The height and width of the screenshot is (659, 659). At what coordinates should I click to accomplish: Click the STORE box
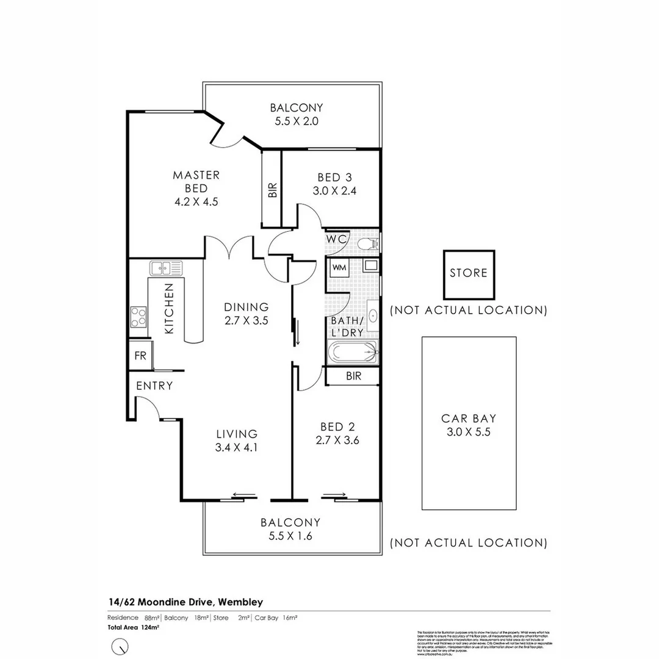tap(469, 273)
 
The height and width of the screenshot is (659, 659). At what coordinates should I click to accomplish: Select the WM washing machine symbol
tap(339, 268)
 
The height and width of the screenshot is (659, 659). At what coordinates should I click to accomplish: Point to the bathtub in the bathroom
tap(352, 353)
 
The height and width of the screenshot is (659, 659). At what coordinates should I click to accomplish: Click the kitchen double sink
tap(166, 267)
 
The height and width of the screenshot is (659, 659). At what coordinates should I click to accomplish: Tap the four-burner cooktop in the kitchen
tap(139, 316)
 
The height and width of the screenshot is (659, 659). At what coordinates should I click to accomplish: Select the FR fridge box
tap(140, 356)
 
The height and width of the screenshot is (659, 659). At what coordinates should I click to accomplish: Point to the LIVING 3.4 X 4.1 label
tap(237, 441)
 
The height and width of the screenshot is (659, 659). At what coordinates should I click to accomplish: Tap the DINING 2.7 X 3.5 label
tap(246, 313)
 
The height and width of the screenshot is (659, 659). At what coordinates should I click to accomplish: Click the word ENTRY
tap(154, 386)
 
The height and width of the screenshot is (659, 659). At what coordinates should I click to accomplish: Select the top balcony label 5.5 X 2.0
tap(296, 121)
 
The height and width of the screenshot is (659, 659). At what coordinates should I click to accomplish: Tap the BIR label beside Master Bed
tap(272, 190)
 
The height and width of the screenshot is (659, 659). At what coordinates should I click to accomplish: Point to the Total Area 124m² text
tap(134, 627)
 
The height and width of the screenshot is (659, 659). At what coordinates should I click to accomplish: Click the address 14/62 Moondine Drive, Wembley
tap(185, 602)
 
